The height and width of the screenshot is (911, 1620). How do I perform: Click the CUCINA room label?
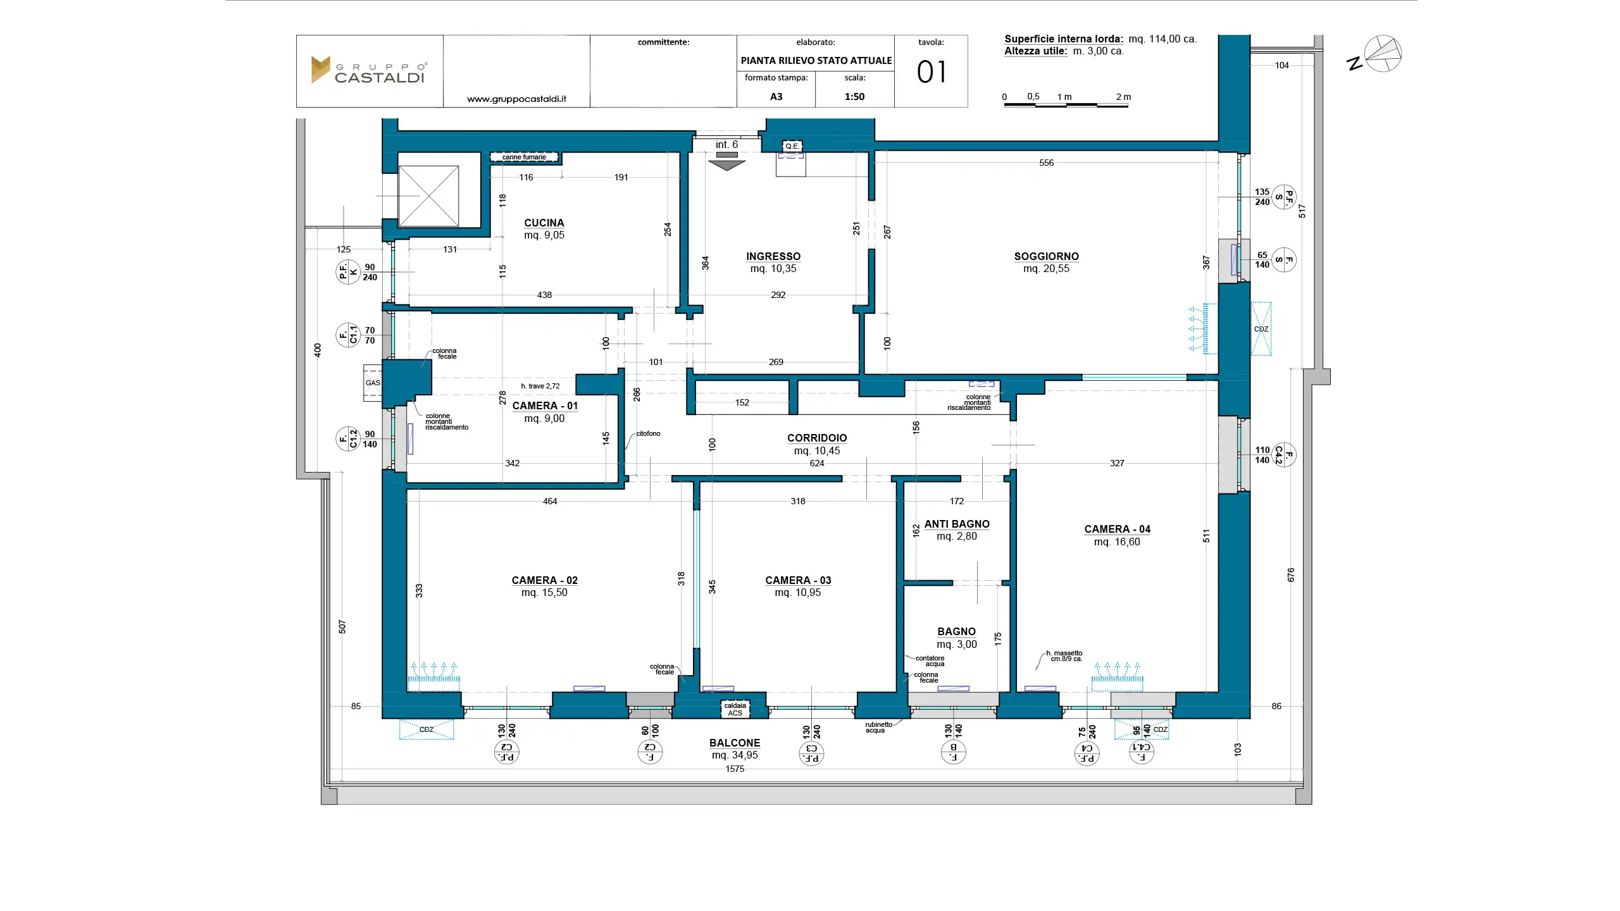(x=544, y=223)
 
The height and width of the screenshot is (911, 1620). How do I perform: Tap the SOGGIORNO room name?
(x=1047, y=256)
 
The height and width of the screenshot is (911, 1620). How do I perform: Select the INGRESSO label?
(x=773, y=256)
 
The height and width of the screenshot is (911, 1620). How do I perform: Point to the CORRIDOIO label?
(x=817, y=438)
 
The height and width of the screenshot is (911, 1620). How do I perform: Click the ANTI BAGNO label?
(x=957, y=524)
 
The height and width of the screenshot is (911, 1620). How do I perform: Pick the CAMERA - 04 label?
(x=1118, y=529)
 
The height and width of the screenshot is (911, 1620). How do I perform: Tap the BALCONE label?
(x=735, y=743)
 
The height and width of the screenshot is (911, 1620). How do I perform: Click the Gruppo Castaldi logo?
(x=370, y=70)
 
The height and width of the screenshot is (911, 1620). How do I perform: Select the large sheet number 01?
(x=931, y=72)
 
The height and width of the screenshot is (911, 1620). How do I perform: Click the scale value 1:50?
(x=854, y=97)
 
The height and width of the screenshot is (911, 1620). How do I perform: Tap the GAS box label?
(x=373, y=383)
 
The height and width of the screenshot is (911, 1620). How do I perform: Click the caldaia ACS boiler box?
(x=735, y=709)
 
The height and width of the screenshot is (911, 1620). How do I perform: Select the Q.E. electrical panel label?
(x=792, y=146)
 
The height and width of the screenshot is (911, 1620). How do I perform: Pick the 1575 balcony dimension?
(x=735, y=769)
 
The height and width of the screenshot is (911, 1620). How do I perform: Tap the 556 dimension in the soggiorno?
(x=1047, y=163)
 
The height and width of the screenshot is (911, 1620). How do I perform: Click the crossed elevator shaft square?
(x=428, y=196)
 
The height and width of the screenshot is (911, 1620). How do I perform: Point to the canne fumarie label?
(x=524, y=157)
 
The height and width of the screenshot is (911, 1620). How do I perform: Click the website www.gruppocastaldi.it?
(x=516, y=99)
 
